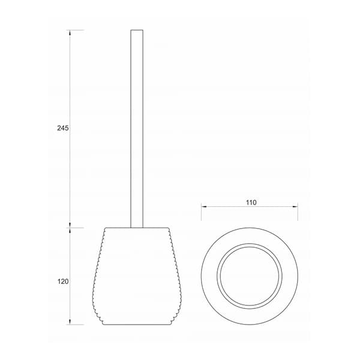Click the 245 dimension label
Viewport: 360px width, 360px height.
point(63,128)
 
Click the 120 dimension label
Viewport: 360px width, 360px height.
point(63,281)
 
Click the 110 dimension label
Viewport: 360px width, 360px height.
point(251,203)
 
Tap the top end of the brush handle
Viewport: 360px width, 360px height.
point(137,30)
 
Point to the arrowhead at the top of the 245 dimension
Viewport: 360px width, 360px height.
point(70,32)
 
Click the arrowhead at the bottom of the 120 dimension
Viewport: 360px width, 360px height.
point(70,322)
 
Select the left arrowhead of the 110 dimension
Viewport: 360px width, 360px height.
point(204,206)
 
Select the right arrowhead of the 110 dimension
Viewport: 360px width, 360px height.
point(295,206)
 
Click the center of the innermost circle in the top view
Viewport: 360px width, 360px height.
point(250,276)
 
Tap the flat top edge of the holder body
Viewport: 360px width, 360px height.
point(137,228)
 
